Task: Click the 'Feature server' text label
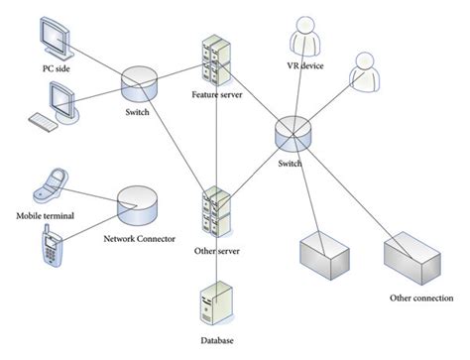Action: tap(217, 95)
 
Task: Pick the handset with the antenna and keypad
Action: tap(49, 249)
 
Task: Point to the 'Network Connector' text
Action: tap(140, 238)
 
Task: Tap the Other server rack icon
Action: tap(215, 209)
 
